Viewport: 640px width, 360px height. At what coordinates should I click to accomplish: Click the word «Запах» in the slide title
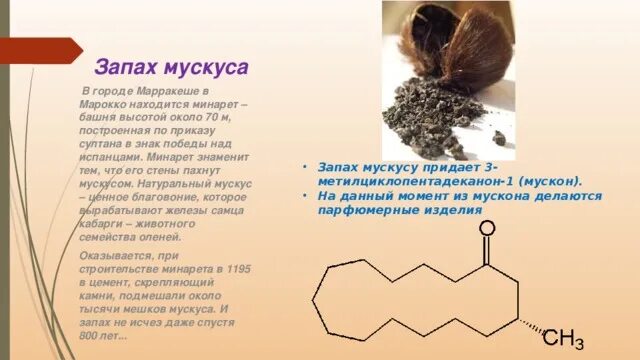[x=124, y=67]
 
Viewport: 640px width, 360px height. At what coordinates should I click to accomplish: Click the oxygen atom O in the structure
[x=487, y=229]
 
